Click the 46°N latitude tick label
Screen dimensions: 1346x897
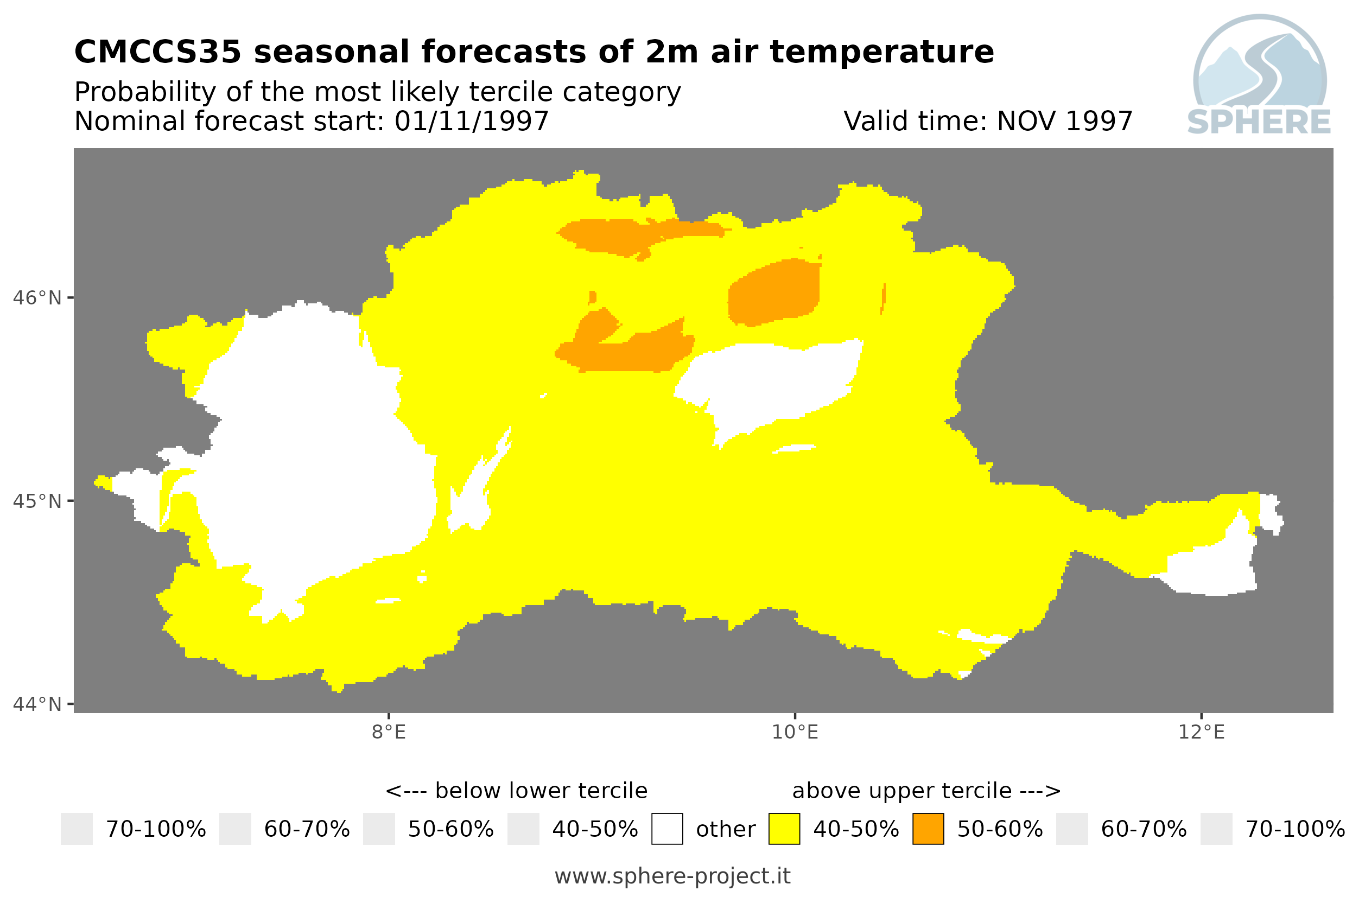[36, 298]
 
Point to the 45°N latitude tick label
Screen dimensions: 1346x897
[36, 501]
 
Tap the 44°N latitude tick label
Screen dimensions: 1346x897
[36, 704]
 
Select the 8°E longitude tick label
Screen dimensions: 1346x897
[389, 731]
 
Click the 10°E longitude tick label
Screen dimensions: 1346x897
[795, 731]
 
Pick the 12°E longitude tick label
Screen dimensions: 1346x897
[1201, 731]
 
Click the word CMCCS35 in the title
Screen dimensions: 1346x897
[158, 52]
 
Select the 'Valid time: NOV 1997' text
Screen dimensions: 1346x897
[988, 121]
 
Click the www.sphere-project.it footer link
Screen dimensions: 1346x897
[672, 876]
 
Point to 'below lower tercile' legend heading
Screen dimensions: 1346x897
[541, 791]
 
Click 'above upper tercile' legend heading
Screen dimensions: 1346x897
[902, 791]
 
